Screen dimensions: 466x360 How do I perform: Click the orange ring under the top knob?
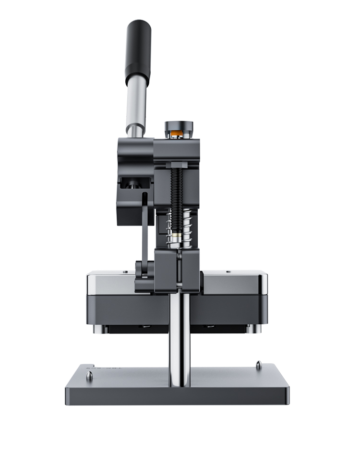(179, 131)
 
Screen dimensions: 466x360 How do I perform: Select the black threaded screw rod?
(179, 192)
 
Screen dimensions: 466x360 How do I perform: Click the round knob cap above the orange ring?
(179, 125)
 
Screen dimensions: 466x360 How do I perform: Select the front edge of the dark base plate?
(178, 396)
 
